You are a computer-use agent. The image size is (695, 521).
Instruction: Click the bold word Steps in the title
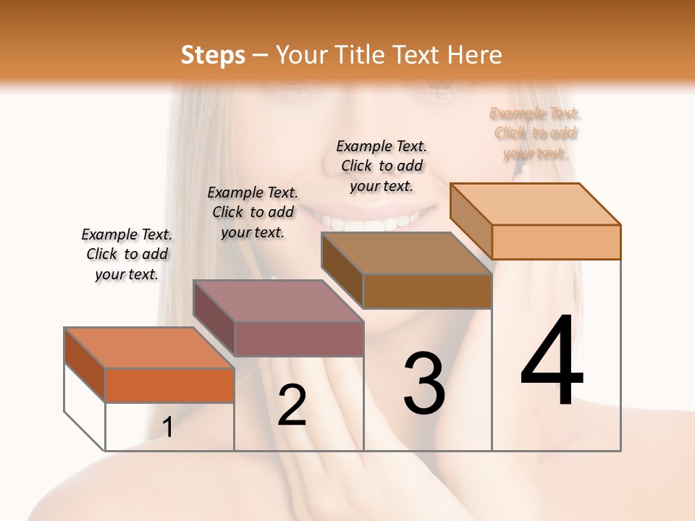[x=213, y=55]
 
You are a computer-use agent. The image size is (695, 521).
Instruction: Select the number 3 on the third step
[x=424, y=384]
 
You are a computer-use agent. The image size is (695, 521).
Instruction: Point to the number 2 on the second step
[x=292, y=405]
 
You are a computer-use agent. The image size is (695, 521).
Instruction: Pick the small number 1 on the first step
[x=168, y=427]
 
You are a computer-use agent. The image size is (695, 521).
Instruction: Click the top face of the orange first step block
[x=148, y=347]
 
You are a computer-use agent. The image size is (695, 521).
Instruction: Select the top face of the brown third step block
[x=406, y=253]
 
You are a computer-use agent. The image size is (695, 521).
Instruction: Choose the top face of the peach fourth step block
[x=535, y=203]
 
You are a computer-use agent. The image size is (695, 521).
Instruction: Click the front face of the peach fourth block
[x=556, y=242]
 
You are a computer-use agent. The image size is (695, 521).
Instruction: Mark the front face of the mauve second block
[x=299, y=339]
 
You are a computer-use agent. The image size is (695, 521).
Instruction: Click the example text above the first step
[x=127, y=254]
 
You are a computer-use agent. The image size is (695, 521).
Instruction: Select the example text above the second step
[x=253, y=212]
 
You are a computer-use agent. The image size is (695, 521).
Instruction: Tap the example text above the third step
[x=382, y=166]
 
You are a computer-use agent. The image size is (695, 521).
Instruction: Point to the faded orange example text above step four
[x=536, y=133]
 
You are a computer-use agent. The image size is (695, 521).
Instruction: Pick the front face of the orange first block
[x=169, y=385]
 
